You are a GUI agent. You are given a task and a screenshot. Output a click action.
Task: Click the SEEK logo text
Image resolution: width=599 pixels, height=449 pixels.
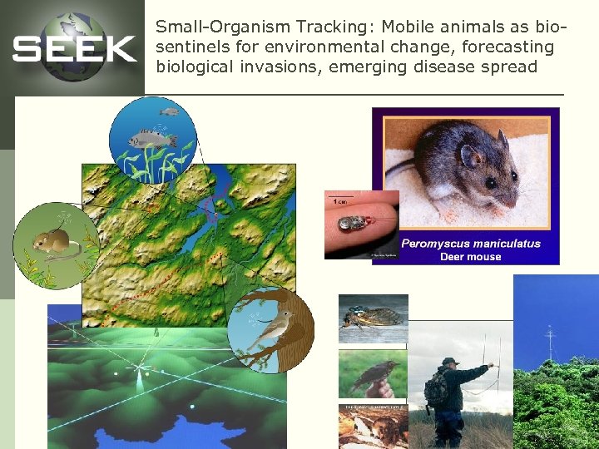point(74,49)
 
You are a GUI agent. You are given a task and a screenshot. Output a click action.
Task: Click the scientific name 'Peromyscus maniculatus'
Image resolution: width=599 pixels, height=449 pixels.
point(471,244)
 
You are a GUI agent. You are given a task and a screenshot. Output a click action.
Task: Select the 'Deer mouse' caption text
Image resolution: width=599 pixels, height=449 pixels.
point(471,257)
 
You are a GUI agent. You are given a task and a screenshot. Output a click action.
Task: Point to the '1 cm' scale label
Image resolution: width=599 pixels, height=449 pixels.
point(340,200)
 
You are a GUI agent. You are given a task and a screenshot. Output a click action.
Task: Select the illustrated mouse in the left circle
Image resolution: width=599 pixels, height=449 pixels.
point(48,242)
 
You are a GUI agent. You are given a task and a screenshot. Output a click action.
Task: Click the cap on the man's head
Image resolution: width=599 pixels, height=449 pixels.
point(450,363)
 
